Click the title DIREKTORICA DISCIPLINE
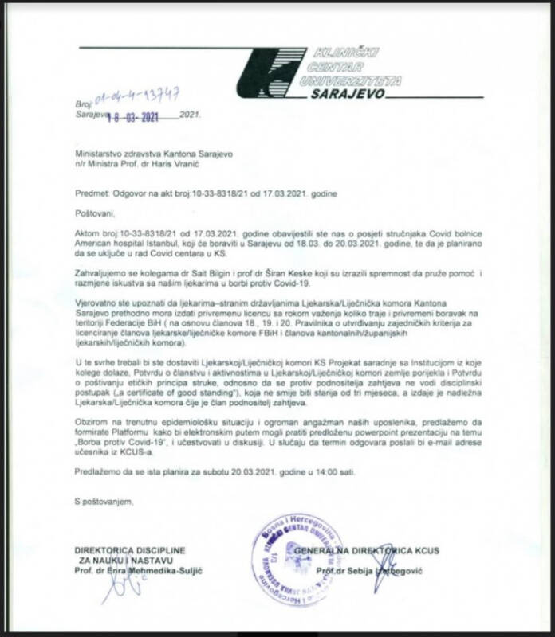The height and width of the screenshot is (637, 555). tap(130, 551)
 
